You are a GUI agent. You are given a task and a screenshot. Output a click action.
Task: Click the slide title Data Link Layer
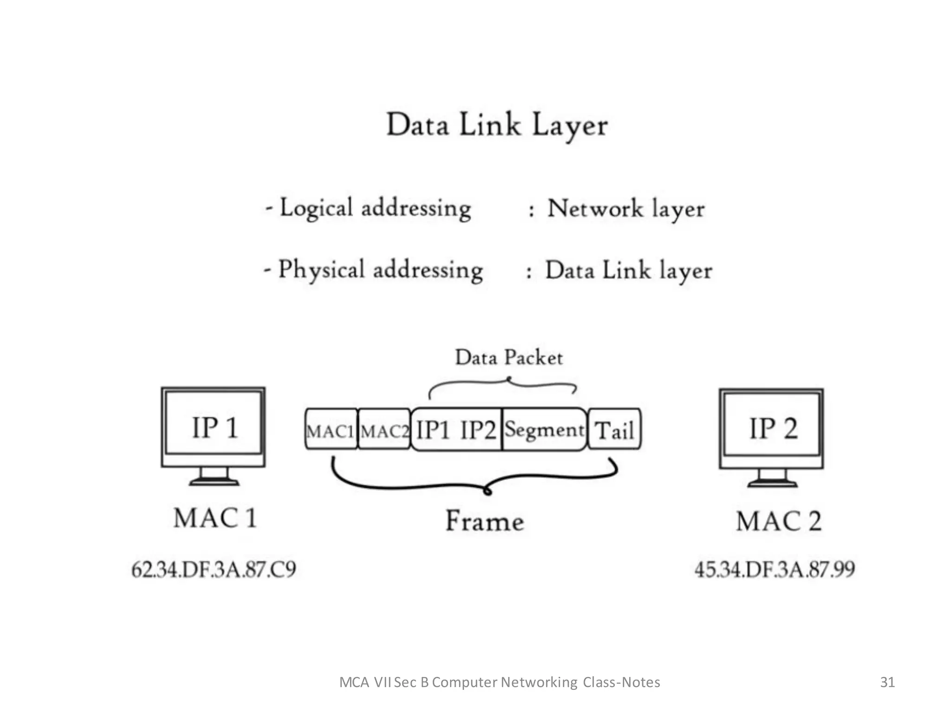pyautogui.click(x=497, y=125)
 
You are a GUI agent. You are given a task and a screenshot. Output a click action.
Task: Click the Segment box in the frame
pyautogui.click(x=544, y=430)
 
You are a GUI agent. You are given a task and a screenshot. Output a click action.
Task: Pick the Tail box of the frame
pyautogui.click(x=614, y=430)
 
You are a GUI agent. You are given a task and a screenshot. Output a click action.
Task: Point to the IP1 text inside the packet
pyautogui.click(x=433, y=430)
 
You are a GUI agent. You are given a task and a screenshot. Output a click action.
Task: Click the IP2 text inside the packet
pyautogui.click(x=478, y=430)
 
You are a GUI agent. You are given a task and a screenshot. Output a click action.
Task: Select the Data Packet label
pyautogui.click(x=509, y=357)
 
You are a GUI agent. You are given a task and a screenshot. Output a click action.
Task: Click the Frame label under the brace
pyautogui.click(x=485, y=521)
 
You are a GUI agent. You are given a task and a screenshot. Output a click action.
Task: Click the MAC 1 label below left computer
pyautogui.click(x=215, y=518)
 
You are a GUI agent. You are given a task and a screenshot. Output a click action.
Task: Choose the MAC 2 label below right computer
pyautogui.click(x=779, y=521)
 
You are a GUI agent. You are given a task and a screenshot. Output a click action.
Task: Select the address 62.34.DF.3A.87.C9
pyautogui.click(x=214, y=569)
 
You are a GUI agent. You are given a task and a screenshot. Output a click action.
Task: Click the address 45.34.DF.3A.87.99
pyautogui.click(x=775, y=569)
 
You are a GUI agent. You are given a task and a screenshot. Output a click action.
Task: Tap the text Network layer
pyautogui.click(x=626, y=209)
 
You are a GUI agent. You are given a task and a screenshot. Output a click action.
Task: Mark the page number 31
pyautogui.click(x=887, y=682)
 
